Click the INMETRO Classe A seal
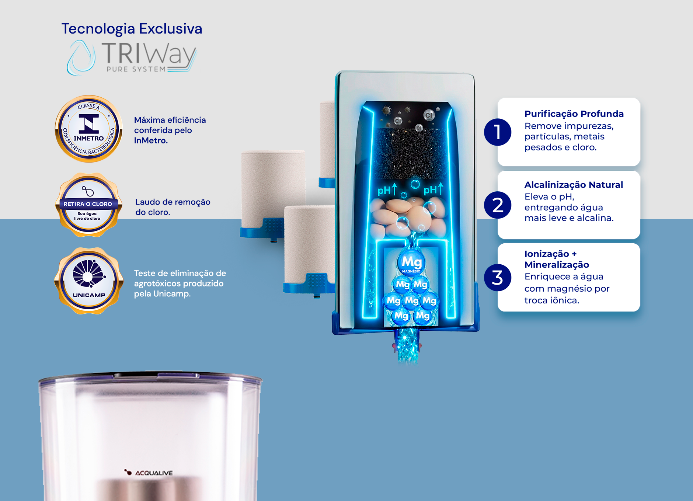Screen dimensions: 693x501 (89, 129)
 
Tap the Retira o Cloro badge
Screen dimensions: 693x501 (88, 205)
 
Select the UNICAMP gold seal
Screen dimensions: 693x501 (88, 281)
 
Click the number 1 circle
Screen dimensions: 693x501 (498, 132)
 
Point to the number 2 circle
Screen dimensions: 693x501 (498, 205)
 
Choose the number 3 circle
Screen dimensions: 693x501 (498, 278)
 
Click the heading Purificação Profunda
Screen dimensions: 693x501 (574, 114)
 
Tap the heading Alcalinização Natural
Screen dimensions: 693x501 (574, 185)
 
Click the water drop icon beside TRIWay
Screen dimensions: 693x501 (81, 58)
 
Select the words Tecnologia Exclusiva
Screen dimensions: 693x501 (132, 29)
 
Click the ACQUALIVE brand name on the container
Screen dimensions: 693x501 (154, 473)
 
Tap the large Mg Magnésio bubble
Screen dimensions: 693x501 (411, 263)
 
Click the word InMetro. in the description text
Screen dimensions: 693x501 (151, 140)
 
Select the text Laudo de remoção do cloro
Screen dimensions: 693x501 (173, 207)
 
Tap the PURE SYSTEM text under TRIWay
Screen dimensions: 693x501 (136, 69)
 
